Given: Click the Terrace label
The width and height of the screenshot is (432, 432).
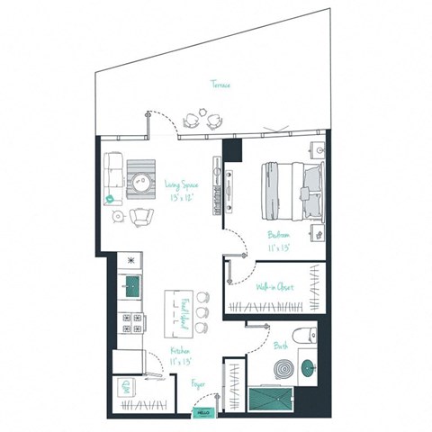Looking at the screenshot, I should pos(221,85).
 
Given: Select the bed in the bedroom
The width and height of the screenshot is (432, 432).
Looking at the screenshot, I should pos(290,192).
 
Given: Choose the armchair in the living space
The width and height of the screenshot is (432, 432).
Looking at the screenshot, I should pos(142,218).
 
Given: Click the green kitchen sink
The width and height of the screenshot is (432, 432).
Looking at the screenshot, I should pos(132,288).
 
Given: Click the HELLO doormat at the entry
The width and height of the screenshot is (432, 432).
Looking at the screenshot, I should pos(206,414).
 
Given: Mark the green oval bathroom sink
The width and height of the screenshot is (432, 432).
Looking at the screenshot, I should pos(308,367).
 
